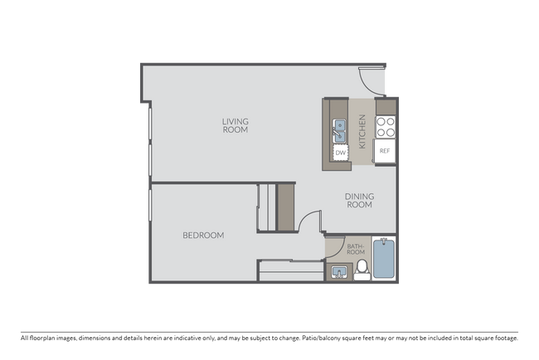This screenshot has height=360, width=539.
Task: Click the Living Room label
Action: pyautogui.click(x=235, y=125)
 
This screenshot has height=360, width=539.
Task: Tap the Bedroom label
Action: pyautogui.click(x=203, y=236)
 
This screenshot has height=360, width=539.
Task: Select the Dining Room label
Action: pyautogui.click(x=359, y=201)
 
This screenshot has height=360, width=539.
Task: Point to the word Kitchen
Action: pyautogui.click(x=362, y=132)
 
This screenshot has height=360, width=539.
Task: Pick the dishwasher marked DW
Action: pyautogui.click(x=340, y=153)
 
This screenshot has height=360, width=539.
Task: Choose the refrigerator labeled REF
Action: pyautogui.click(x=385, y=151)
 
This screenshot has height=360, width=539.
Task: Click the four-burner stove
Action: pyautogui.click(x=385, y=126)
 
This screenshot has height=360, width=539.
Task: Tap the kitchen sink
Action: pyautogui.click(x=340, y=129)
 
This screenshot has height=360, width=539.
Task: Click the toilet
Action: pyautogui.click(x=362, y=269)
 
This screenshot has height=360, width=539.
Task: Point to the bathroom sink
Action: pyautogui.click(x=338, y=270)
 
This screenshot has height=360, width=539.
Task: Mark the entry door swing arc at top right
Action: pyautogui.click(x=370, y=81)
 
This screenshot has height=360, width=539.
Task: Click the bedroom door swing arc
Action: pyautogui.click(x=308, y=220)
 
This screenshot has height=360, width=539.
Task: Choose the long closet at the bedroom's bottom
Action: pyautogui.click(x=289, y=270)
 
